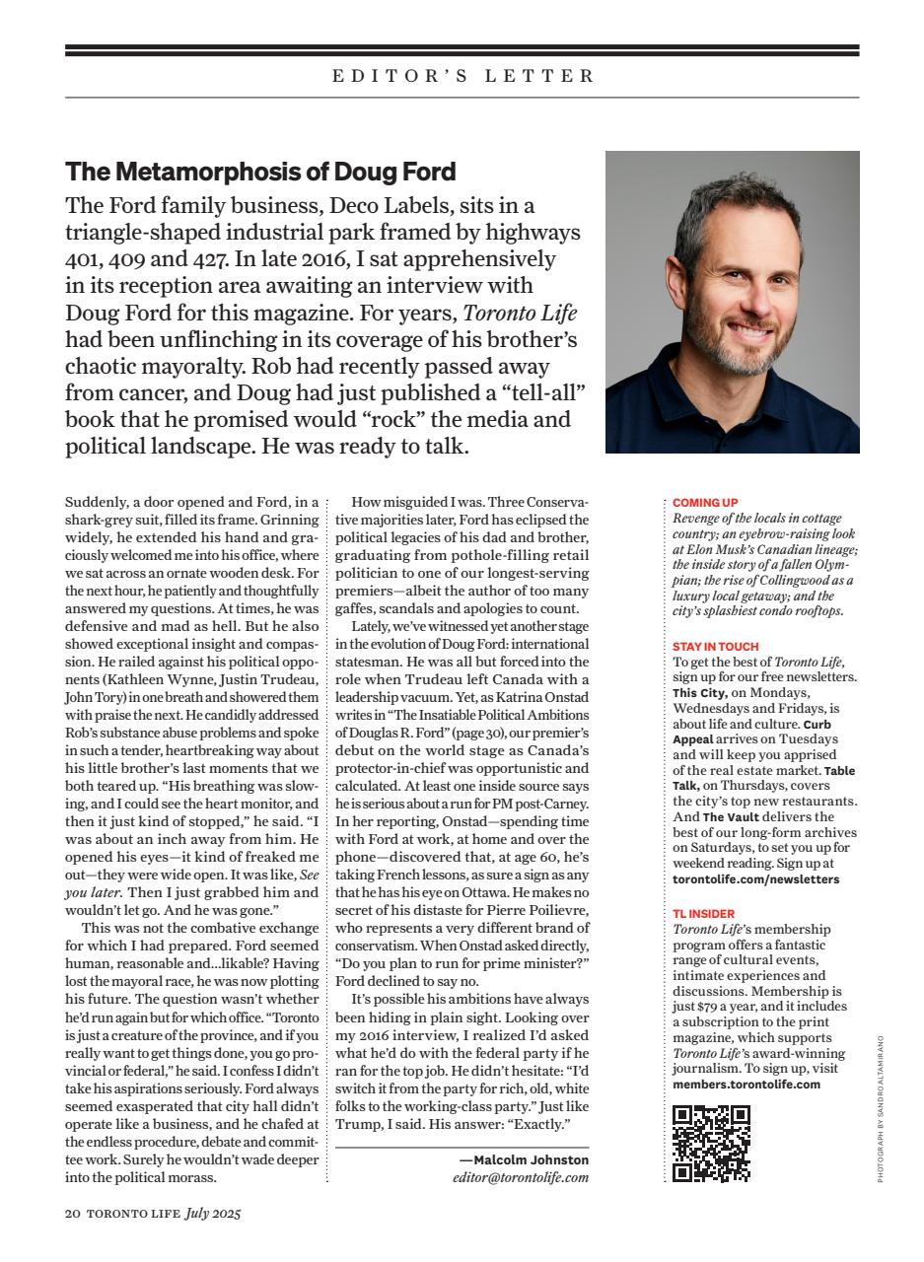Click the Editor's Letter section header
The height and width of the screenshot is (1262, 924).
click(x=462, y=76)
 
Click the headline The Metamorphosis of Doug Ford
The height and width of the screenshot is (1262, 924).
click(x=260, y=172)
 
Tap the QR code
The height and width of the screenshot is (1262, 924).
click(x=710, y=1143)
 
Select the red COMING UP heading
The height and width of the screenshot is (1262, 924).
click(x=705, y=503)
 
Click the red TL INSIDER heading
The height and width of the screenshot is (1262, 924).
click(x=703, y=914)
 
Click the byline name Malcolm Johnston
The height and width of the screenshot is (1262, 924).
click(x=531, y=1160)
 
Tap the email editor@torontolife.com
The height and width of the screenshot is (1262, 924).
click(x=520, y=1177)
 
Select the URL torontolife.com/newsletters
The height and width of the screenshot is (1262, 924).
click(x=756, y=878)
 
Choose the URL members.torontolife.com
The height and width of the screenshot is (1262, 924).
click(x=746, y=1084)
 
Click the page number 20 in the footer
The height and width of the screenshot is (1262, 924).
click(x=73, y=1214)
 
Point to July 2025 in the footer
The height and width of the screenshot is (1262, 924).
click(x=213, y=1214)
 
